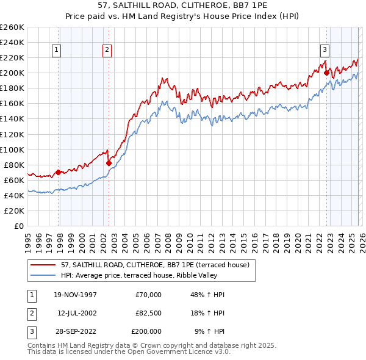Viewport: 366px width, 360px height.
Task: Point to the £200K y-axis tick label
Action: pos(12,73)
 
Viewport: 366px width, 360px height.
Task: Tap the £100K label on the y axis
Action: pos(12,149)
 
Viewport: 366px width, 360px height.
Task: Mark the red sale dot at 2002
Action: pos(109,163)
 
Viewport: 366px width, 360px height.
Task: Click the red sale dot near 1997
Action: pos(59,172)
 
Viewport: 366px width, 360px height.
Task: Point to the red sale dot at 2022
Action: pos(326,73)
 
